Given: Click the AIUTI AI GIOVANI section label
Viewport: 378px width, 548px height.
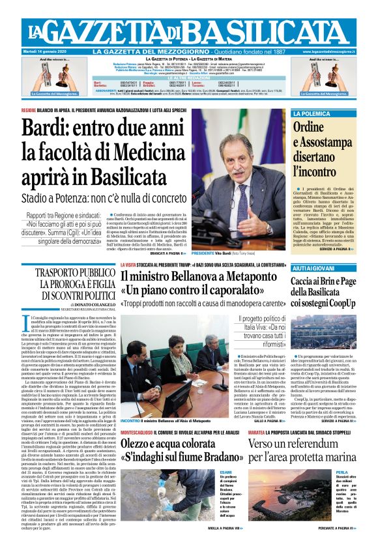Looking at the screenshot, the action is [312, 268].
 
